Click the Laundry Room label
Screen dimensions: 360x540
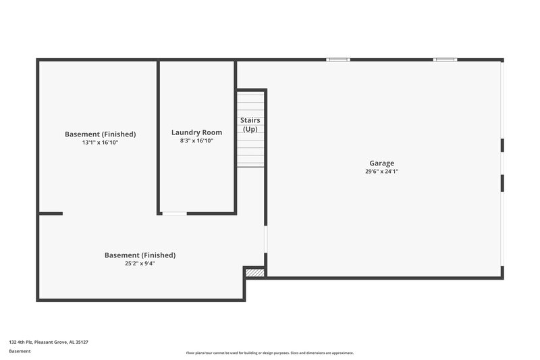pyautogui.click(x=196, y=132)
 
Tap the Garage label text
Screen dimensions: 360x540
pyautogui.click(x=381, y=163)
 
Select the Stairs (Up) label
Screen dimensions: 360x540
pyautogui.click(x=250, y=124)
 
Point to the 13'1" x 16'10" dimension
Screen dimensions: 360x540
pyautogui.click(x=100, y=143)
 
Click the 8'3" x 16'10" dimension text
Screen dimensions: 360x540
pyautogui.click(x=196, y=141)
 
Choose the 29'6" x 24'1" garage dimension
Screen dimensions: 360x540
pyautogui.click(x=381, y=172)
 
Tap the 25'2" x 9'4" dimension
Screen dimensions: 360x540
pyautogui.click(x=140, y=263)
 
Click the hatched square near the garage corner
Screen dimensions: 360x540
pyautogui.click(x=254, y=272)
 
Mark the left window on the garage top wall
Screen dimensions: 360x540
pyautogui.click(x=337, y=59)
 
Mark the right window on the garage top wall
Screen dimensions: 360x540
pyautogui.click(x=445, y=59)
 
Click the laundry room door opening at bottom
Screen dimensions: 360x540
pyautogui.click(x=174, y=213)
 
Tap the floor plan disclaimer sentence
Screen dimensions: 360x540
pyautogui.click(x=269, y=353)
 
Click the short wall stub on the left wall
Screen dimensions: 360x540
pyautogui.click(x=51, y=213)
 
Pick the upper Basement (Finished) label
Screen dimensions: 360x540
pyautogui.click(x=100, y=134)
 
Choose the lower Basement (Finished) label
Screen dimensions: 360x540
pyautogui.click(x=140, y=255)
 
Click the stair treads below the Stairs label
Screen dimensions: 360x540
pyautogui.click(x=250, y=151)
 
